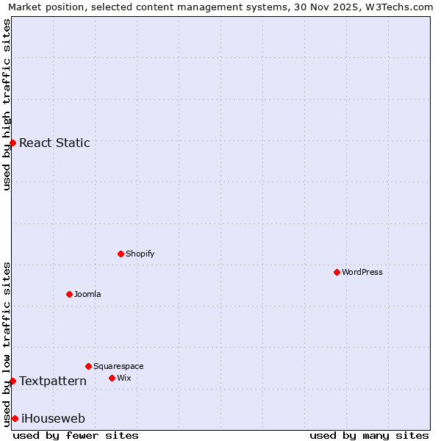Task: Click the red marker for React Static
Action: pyautogui.click(x=12, y=143)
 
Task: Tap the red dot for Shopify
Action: pyautogui.click(x=121, y=254)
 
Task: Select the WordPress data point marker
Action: pyautogui.click(x=337, y=272)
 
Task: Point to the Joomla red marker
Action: pyautogui.click(x=69, y=294)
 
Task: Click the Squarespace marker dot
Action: pyautogui.click(x=88, y=366)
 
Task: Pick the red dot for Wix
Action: pyautogui.click(x=112, y=378)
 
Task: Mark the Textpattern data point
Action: pyautogui.click(x=12, y=381)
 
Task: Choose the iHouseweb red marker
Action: pyautogui.click(x=15, y=418)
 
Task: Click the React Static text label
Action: pyautogui.click(x=54, y=143)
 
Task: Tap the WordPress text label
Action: pyautogui.click(x=362, y=272)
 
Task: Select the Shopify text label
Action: pyautogui.click(x=140, y=254)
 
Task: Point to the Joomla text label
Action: pyautogui.click(x=87, y=294)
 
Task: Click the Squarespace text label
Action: pyautogui.click(x=118, y=366)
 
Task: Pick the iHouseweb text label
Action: pyautogui.click(x=53, y=418)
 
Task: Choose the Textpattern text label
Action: pyautogui.click(x=53, y=381)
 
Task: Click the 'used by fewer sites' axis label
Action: pyautogui.click(x=76, y=435)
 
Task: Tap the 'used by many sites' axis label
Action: pyautogui.click(x=369, y=435)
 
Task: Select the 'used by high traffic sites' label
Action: pyautogui.click(x=7, y=104)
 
